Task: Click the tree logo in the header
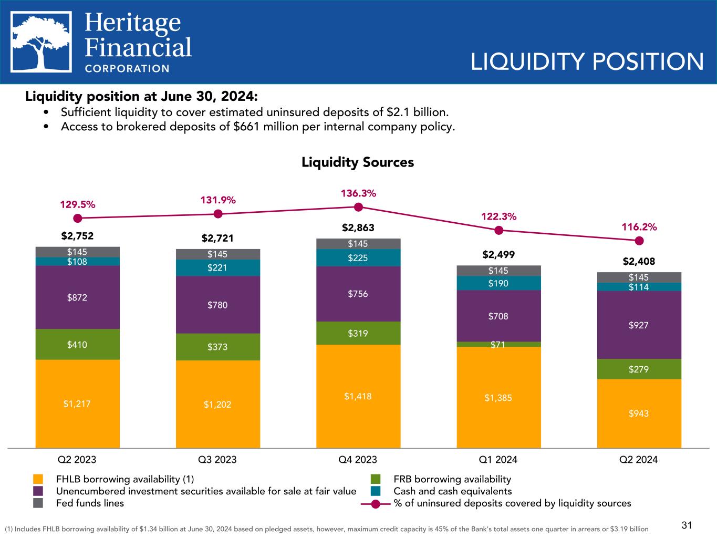(x=42, y=42)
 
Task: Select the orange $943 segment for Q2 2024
(x=639, y=413)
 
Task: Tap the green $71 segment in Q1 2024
(x=498, y=344)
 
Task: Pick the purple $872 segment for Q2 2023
(x=77, y=297)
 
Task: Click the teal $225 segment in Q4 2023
(x=358, y=257)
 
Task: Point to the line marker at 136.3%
(x=358, y=207)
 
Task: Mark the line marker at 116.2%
(x=639, y=241)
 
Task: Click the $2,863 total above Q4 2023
(x=358, y=227)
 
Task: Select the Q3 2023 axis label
(x=217, y=460)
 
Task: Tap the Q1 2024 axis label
(x=498, y=460)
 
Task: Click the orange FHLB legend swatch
(x=38, y=479)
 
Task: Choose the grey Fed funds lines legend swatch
(x=38, y=503)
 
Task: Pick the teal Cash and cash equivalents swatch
(x=376, y=491)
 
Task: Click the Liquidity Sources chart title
(x=358, y=162)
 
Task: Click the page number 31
(x=687, y=525)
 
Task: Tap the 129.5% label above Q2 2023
(x=77, y=204)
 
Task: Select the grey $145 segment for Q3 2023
(x=217, y=254)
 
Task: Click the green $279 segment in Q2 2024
(x=639, y=369)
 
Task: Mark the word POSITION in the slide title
(x=648, y=62)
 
